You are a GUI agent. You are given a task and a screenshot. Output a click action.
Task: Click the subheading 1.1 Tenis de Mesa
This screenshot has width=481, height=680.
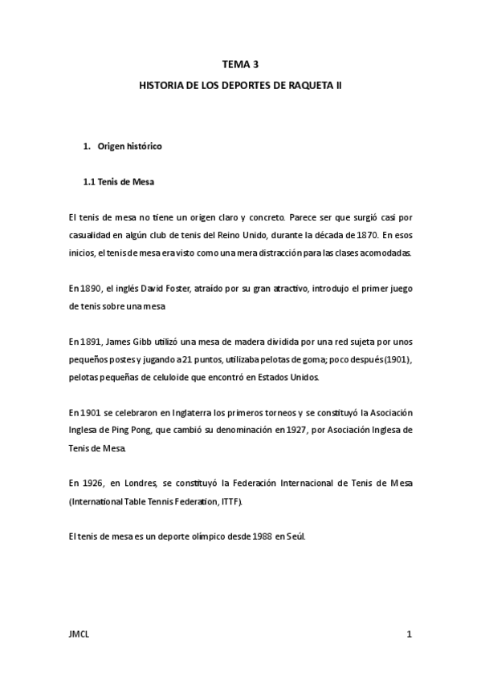tap(119, 182)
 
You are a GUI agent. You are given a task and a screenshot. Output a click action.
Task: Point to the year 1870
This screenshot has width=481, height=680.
tap(365, 234)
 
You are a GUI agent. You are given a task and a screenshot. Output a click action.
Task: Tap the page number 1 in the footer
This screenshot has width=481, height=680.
tap(409, 635)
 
